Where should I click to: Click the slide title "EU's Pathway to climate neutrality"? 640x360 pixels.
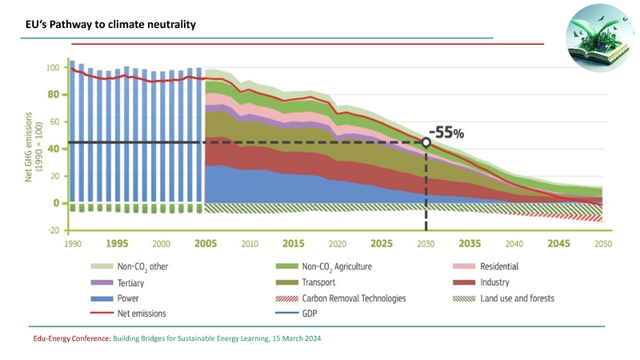coord(110,26)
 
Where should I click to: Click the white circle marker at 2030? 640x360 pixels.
coord(426,142)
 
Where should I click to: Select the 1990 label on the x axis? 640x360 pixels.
coord(73,243)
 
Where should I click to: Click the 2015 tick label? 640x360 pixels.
coord(293,243)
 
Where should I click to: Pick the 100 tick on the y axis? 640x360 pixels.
coord(54,68)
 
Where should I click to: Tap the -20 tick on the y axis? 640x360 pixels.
coord(54,230)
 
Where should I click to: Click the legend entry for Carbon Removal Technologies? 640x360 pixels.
coord(353,298)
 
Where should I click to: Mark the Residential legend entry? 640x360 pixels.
coord(499,266)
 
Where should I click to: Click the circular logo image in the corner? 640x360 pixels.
coord(599,38)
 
